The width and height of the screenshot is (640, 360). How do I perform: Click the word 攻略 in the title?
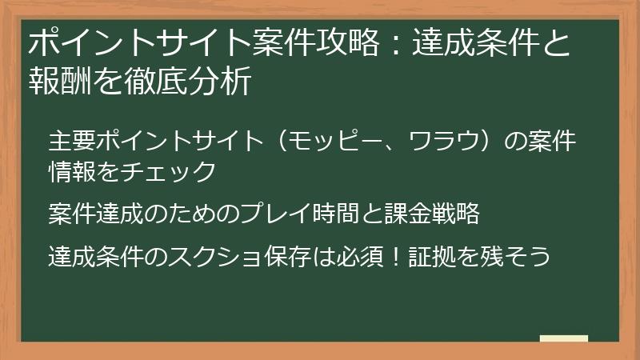[347, 44]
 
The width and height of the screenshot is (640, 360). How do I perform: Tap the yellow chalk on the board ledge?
[563, 338]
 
